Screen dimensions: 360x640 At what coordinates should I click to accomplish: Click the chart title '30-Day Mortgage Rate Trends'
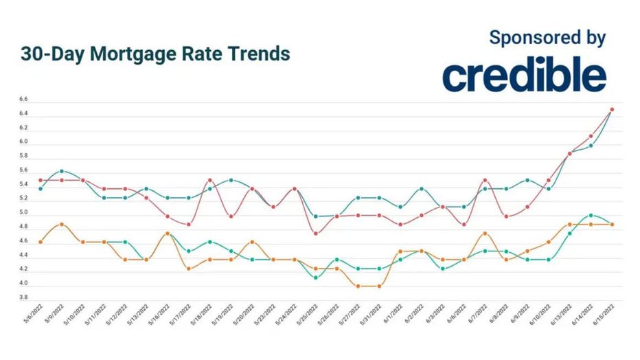tap(155, 54)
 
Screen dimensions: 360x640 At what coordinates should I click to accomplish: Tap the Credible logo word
tap(524, 75)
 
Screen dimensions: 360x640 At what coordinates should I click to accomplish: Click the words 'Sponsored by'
tap(547, 37)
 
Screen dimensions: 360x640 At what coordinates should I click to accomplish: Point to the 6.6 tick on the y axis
tap(23, 100)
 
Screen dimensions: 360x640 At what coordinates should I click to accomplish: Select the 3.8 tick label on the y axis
tap(23, 297)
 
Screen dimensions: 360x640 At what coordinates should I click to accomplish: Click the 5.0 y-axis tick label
tap(23, 213)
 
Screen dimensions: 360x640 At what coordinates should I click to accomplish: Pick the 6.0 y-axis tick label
tap(23, 142)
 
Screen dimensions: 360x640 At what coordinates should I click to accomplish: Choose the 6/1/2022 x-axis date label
tap(393, 317)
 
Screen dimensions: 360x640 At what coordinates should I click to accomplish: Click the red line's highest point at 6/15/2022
tap(611, 109)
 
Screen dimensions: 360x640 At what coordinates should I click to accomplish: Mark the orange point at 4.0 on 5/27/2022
tap(358, 286)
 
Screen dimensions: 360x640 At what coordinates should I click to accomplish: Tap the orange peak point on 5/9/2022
tap(62, 224)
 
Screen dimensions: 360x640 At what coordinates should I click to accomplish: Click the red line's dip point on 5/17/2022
tap(189, 224)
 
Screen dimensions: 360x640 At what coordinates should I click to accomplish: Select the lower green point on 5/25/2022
tap(315, 278)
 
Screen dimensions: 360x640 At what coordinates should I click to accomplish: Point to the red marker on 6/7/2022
tap(485, 180)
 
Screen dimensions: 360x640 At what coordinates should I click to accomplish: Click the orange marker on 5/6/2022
tap(41, 242)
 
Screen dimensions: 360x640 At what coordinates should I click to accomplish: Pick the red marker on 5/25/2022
tap(315, 234)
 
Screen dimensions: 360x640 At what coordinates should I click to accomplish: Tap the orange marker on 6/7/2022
tap(485, 234)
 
